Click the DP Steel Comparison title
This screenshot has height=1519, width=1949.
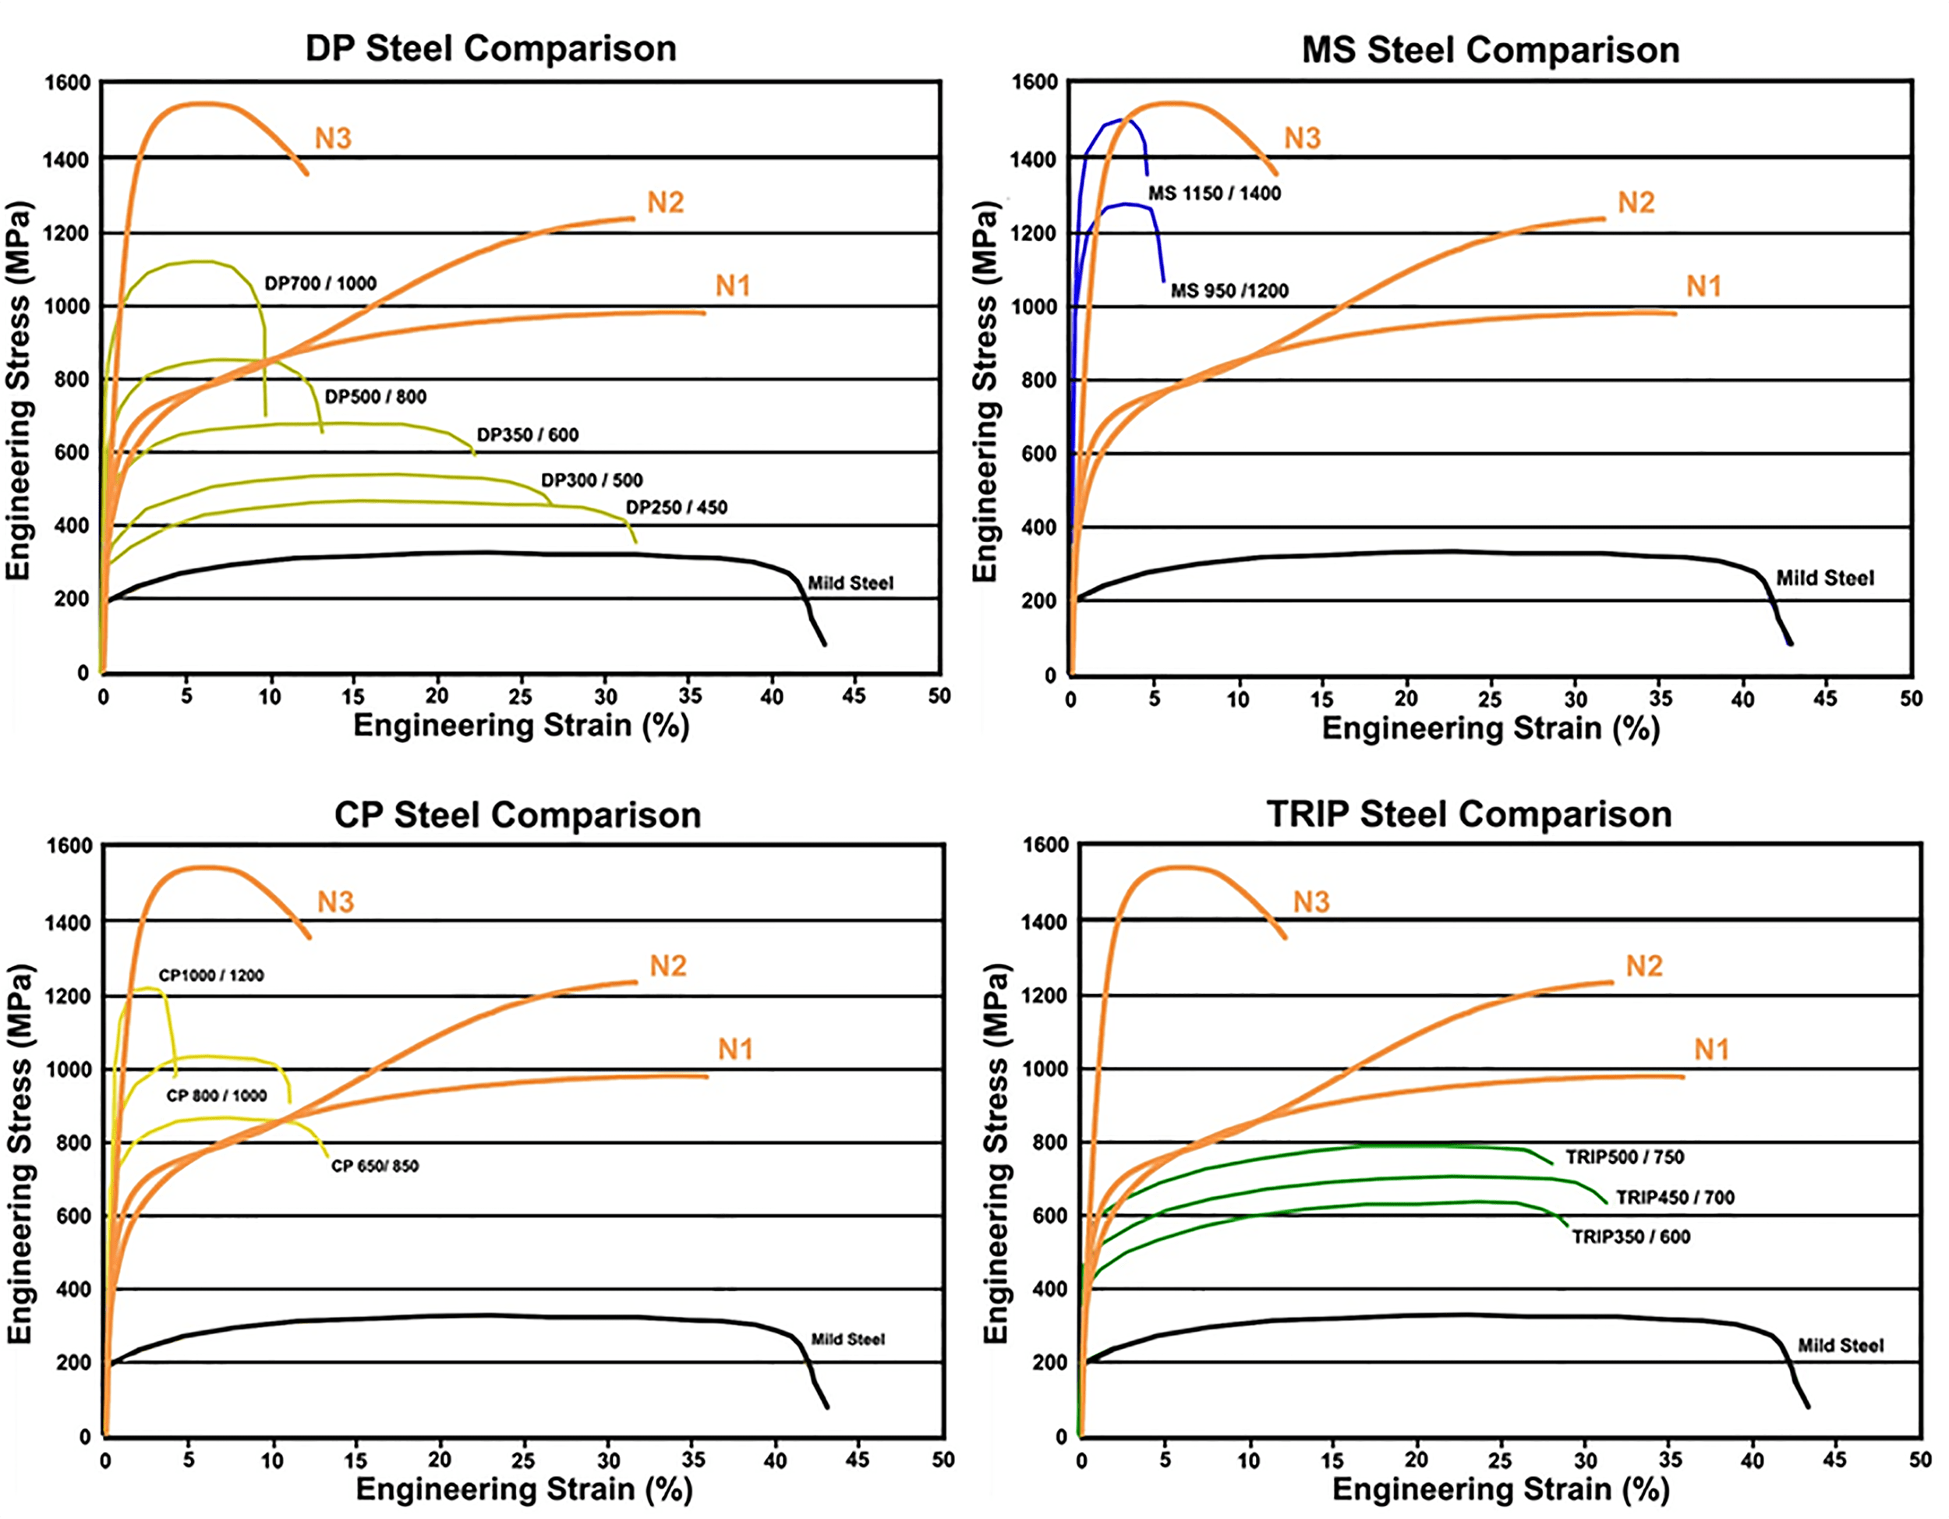491,48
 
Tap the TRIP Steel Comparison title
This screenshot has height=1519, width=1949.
1469,814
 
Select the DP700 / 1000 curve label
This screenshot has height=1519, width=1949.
320,284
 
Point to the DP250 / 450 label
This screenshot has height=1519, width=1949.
677,507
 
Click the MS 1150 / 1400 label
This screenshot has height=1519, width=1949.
1214,193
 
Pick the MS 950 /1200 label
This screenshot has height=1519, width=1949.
1229,291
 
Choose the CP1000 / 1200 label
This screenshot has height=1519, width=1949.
211,975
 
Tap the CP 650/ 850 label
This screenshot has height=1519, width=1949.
375,1166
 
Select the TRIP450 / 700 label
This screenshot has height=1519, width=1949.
1675,1198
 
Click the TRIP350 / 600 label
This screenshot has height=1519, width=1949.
1630,1237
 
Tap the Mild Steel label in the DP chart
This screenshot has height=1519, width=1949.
851,584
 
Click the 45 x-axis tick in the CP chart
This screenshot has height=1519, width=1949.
857,1460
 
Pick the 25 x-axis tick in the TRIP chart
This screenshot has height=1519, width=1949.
1500,1460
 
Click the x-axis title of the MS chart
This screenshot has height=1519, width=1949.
1491,728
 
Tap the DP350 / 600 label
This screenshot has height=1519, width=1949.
528,434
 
